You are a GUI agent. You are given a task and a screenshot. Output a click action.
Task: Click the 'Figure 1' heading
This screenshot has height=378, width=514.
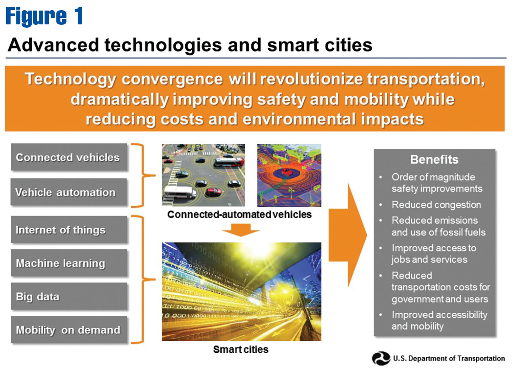point(44,16)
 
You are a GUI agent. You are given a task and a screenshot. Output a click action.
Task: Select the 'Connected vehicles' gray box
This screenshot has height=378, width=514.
point(69,157)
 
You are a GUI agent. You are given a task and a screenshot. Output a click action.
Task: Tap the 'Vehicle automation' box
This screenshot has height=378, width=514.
point(68,192)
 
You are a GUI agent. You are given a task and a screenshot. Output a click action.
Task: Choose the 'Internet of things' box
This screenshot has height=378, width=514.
point(69,229)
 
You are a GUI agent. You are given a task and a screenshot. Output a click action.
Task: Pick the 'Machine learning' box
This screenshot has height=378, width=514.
point(69,263)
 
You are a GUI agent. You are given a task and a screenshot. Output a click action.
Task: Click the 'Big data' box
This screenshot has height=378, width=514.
point(69,296)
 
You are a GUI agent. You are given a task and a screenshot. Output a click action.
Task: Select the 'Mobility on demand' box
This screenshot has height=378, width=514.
point(69,330)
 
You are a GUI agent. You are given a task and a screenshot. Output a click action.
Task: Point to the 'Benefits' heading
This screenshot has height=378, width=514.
point(434,160)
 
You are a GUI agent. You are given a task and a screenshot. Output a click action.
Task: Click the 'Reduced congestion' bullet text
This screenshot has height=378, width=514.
point(436,205)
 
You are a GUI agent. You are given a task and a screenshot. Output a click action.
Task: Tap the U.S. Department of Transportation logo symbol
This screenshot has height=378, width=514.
point(381,358)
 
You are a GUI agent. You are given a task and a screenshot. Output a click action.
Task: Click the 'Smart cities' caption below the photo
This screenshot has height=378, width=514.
point(241,350)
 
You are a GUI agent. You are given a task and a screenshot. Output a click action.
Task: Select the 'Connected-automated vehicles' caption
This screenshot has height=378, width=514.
point(239,214)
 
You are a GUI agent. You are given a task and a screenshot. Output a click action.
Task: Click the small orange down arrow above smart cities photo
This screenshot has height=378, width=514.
point(241,230)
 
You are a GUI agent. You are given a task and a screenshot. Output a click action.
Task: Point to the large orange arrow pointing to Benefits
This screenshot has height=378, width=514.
point(348,235)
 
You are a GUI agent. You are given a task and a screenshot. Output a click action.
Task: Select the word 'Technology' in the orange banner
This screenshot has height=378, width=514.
point(71,79)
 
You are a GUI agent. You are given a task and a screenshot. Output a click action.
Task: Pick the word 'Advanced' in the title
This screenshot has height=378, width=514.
point(54,45)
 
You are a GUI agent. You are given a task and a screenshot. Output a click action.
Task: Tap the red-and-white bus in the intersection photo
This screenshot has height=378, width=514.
point(229,162)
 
